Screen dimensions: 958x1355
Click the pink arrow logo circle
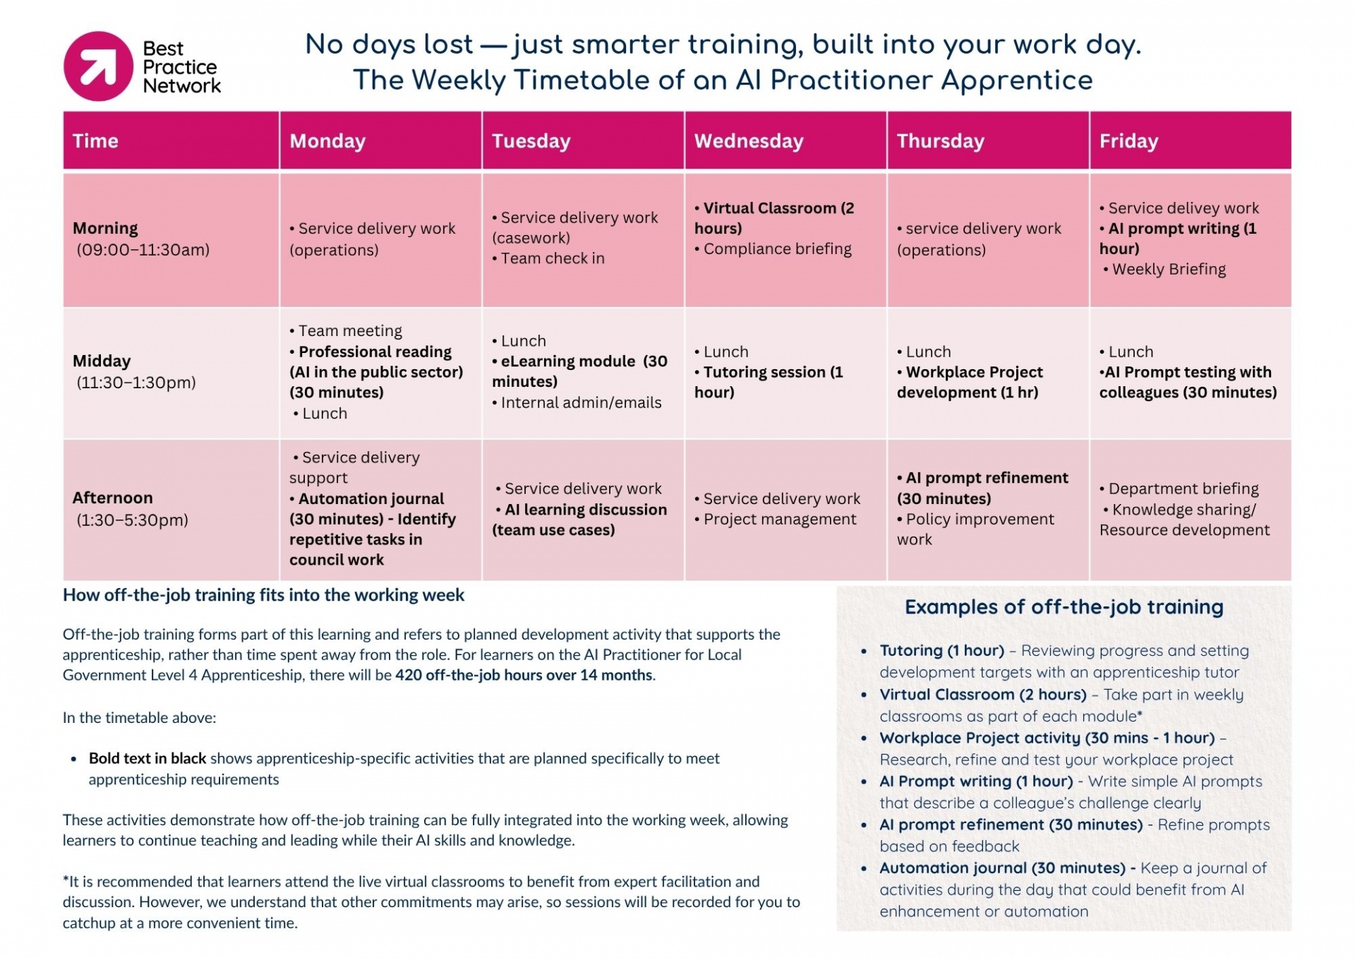tap(98, 66)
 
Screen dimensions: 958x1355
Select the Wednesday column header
tap(749, 141)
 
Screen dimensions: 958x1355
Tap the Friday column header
tap(1128, 141)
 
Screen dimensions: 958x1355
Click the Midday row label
tap(102, 361)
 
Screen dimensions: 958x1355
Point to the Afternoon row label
tap(112, 498)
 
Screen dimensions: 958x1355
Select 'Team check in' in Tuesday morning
tap(552, 258)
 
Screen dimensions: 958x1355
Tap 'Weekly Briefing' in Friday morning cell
tap(1169, 269)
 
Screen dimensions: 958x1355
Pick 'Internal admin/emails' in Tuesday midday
tap(581, 402)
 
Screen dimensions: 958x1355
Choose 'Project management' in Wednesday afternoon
tap(779, 519)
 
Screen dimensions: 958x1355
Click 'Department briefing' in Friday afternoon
tap(1183, 489)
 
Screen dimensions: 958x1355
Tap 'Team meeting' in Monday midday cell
tap(349, 330)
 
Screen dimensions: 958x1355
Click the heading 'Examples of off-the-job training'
tap(1064, 607)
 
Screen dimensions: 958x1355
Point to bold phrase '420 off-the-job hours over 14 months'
tap(524, 675)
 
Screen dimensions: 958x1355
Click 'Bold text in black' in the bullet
tap(147, 758)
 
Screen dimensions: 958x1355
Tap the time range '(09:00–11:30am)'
tap(143, 249)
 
